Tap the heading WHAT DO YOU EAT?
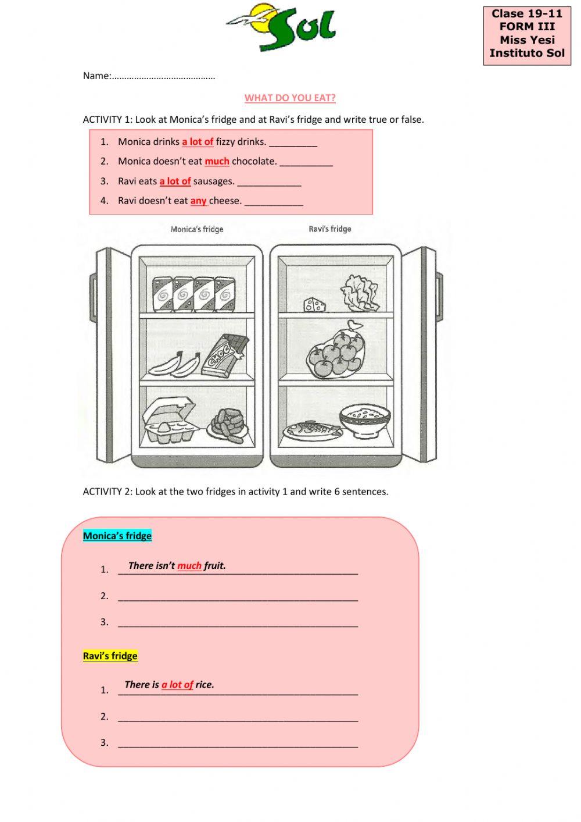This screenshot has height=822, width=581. pos(290,98)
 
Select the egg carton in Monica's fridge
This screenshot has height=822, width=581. pos(169,420)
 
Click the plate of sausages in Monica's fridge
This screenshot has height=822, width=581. pos(228,426)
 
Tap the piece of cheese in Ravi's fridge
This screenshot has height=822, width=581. pos(314,304)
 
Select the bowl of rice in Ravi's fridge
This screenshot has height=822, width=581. pos(365,420)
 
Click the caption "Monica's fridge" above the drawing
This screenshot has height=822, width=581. pos(197,229)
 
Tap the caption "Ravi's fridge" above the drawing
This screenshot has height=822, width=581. pos(329,229)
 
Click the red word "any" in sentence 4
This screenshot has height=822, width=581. pos(198,201)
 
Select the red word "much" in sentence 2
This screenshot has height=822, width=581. pos(217,161)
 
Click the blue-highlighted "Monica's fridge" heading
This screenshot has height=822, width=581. pos(117,536)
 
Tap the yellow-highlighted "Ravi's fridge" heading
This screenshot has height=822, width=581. pos(110,656)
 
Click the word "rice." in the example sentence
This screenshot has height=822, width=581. pos(205,685)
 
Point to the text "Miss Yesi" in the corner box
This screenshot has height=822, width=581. pos(527,40)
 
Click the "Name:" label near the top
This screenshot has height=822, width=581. pos(96,76)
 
